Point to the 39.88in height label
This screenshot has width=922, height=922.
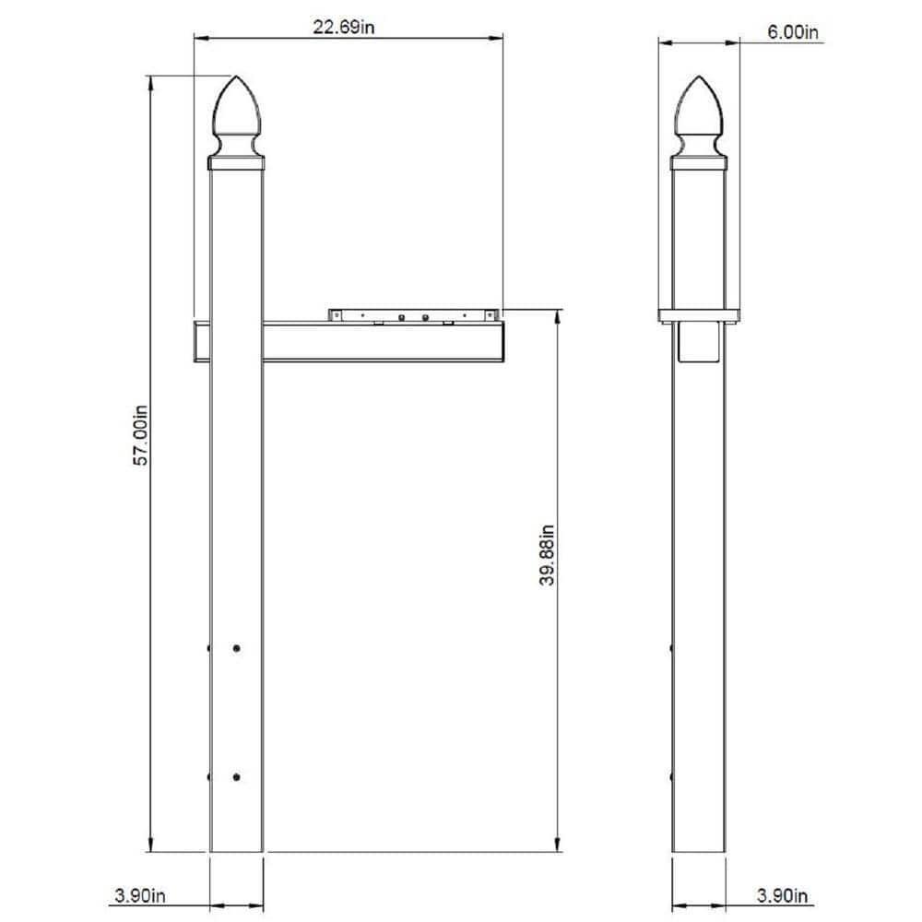click(548, 555)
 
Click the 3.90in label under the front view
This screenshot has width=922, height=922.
click(140, 895)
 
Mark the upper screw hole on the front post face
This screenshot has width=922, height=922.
click(237, 649)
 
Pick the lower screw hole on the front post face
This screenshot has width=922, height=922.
click(237, 777)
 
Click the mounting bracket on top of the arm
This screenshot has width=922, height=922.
click(415, 314)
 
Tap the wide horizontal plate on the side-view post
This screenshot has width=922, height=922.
click(698, 314)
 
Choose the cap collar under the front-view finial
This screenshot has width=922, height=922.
click(237, 164)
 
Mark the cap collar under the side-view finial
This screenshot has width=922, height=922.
click(698, 164)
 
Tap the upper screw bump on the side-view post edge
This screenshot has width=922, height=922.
click(671, 649)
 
